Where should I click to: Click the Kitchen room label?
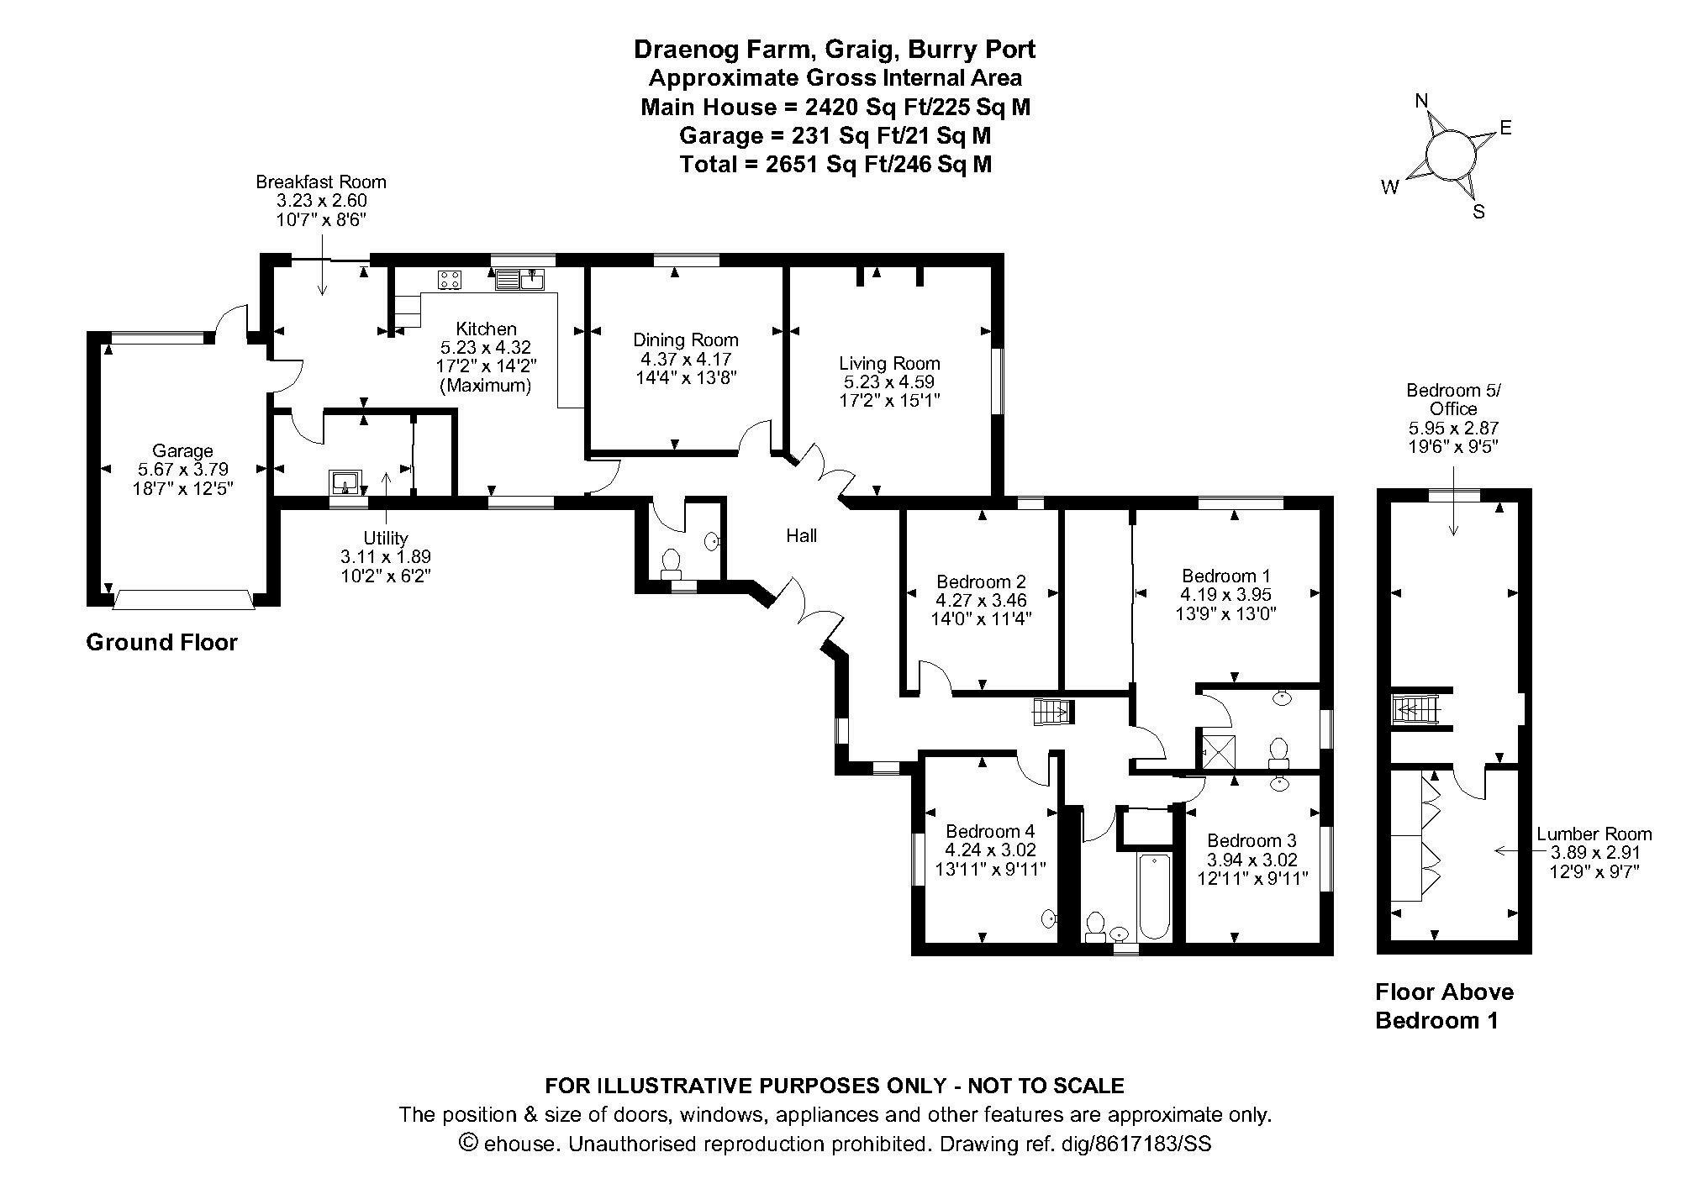coord(486,329)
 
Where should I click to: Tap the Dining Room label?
coord(685,340)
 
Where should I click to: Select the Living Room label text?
coord(889,364)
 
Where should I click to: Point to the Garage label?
coord(182,451)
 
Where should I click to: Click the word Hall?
coord(801,535)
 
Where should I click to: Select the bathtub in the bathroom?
coord(1154,896)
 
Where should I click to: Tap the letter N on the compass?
coord(1421,102)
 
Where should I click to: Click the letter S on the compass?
coord(1478,212)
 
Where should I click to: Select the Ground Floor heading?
coord(162,643)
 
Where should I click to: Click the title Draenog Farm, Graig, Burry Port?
coord(835,50)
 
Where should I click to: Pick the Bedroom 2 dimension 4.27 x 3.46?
coord(981,600)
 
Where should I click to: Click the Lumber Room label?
coord(1594,834)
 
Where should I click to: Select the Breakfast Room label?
coord(321,182)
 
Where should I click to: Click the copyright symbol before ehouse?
coord(469,1143)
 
